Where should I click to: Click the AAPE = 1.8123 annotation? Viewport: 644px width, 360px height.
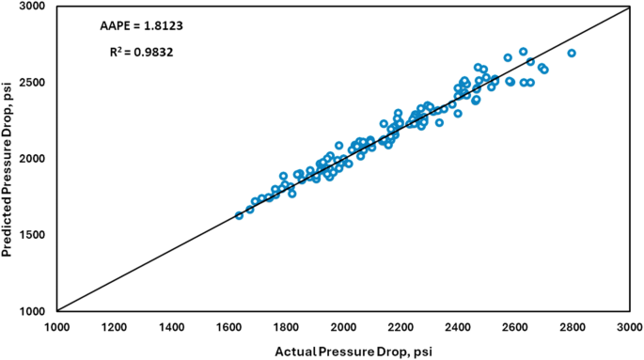136,23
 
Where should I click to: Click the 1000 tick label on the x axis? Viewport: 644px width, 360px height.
56,326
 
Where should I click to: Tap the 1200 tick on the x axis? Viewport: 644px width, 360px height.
114,326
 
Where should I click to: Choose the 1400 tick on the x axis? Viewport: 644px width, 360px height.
171,326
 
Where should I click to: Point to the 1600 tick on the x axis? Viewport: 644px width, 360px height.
228,326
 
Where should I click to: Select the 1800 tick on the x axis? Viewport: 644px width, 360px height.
286,326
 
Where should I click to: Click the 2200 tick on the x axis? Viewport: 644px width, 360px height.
401,326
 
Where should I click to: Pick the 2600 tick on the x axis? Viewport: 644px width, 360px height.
515,326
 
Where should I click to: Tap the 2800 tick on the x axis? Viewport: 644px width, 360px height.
573,326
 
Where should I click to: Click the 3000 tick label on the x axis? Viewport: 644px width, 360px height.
629,326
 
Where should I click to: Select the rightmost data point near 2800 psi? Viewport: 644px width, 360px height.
572,54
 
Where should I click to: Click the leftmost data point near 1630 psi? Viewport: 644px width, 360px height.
239,215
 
